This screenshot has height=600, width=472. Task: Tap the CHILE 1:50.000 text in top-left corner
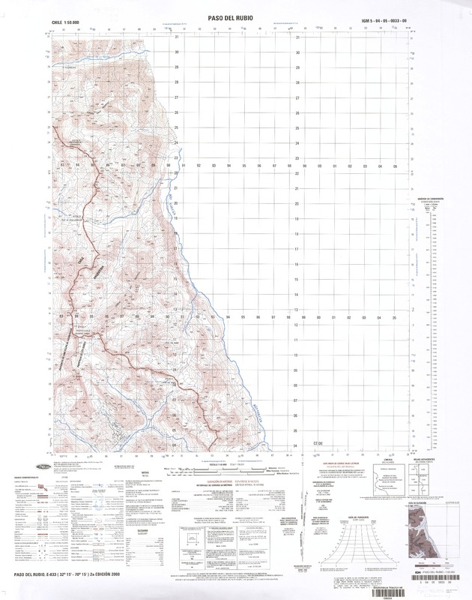67,22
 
